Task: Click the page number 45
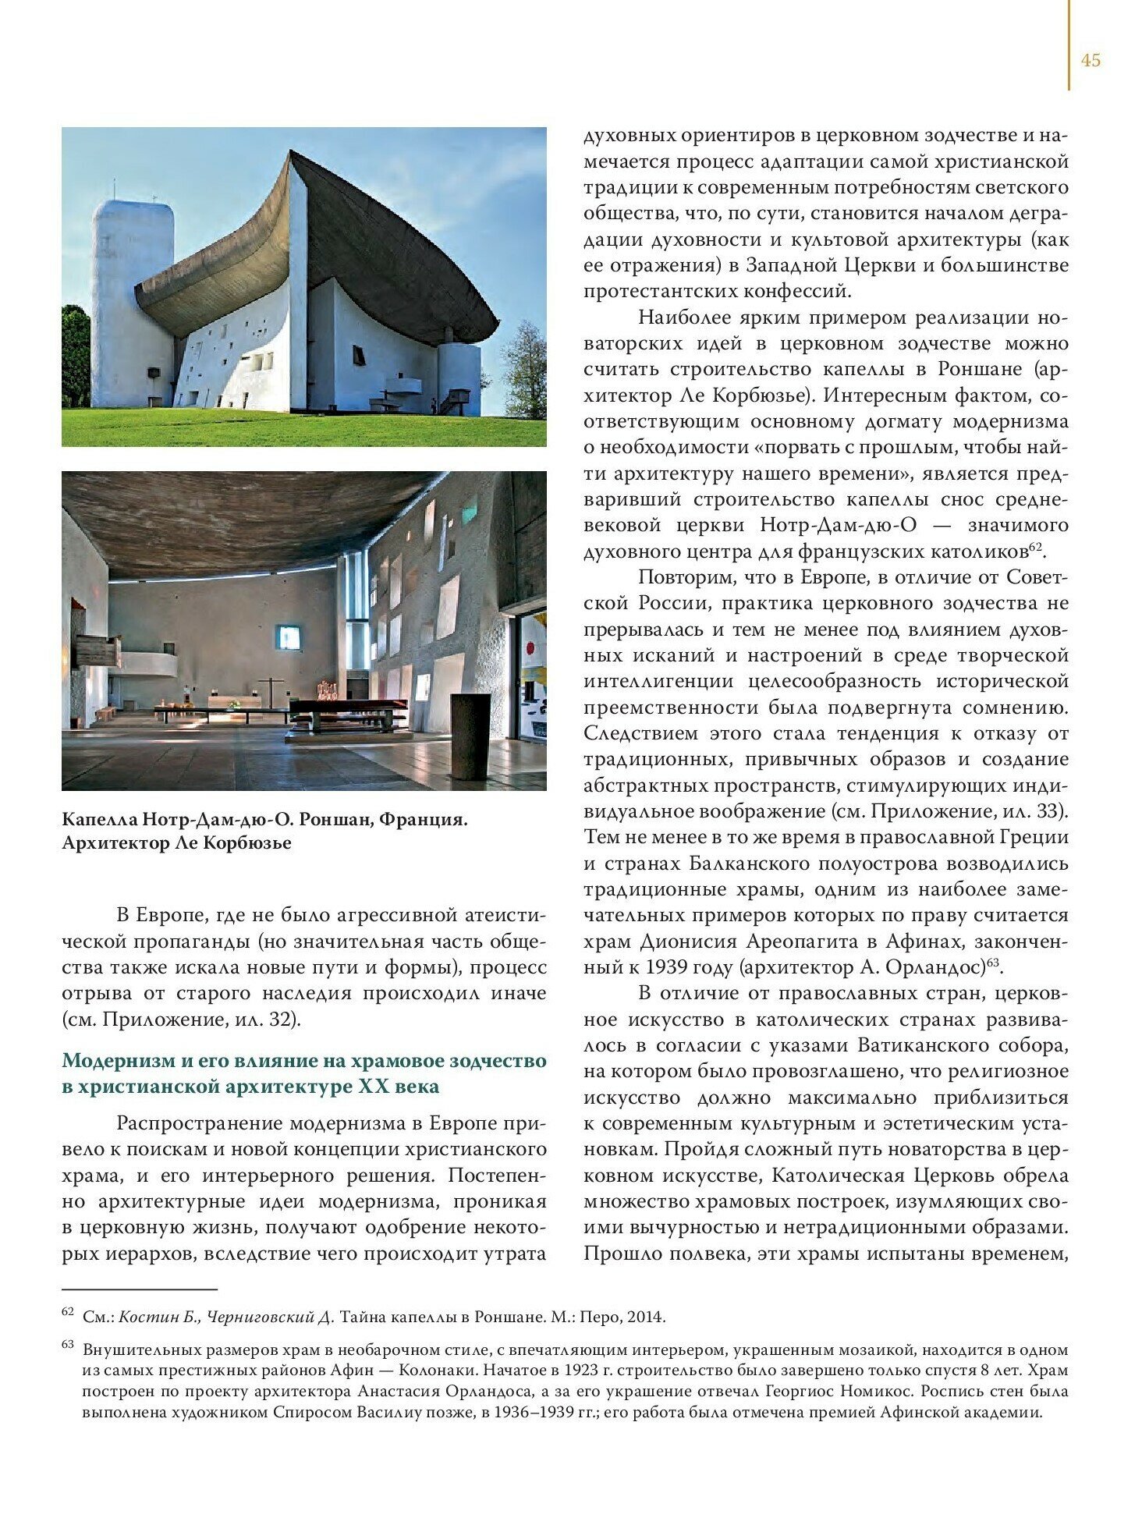[1091, 61]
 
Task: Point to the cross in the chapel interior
[271, 691]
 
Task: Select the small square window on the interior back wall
[289, 637]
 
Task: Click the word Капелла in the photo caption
[99, 820]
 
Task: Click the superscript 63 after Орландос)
[993, 963]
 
